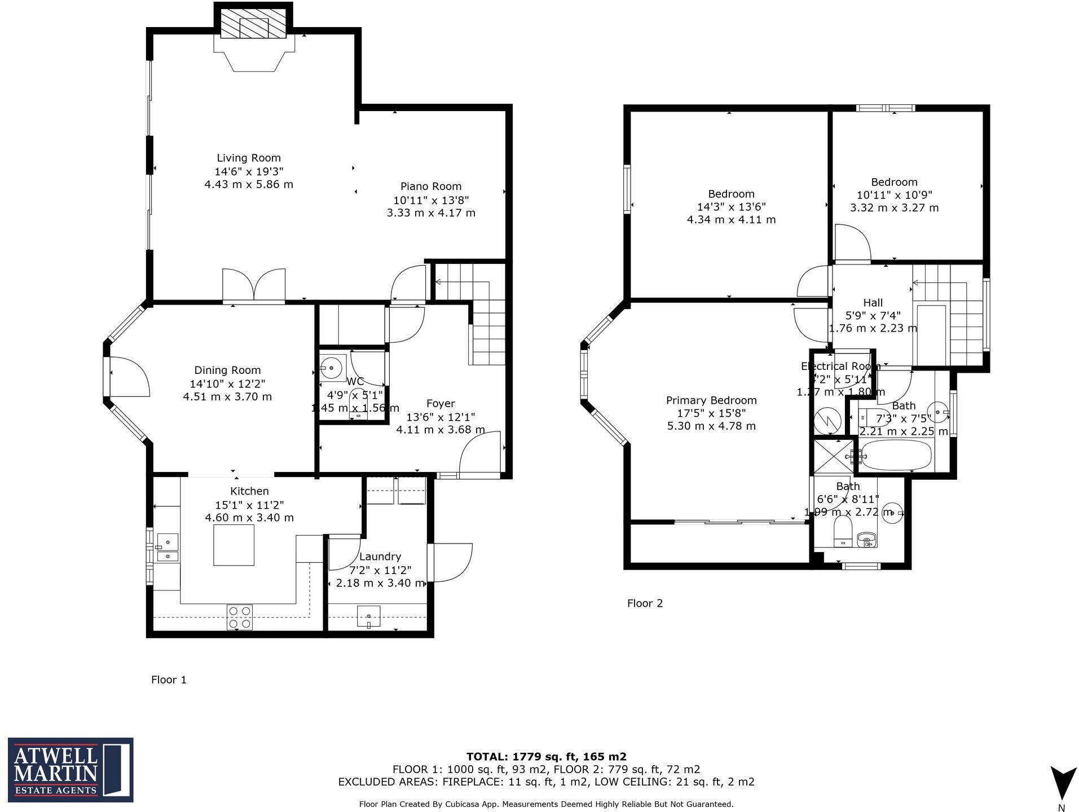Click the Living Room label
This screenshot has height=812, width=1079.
coord(249,158)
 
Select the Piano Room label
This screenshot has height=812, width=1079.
coord(431,187)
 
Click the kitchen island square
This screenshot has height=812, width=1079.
coord(234,545)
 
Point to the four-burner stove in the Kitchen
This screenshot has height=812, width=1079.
coord(240,617)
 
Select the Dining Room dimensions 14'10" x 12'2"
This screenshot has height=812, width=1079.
coord(227,383)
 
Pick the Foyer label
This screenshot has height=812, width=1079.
coord(441,404)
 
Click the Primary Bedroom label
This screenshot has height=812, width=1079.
coord(711,400)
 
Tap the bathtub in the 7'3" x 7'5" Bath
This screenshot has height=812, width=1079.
coord(897,455)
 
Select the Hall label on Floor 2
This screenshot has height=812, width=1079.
coord(873,303)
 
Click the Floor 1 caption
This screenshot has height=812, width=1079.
coord(169,680)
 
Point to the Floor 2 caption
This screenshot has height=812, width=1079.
coord(645,603)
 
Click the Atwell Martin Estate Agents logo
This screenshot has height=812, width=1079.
coord(71,770)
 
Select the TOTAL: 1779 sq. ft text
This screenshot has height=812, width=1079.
coord(546,757)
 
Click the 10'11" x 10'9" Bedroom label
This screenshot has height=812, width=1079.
coord(894,182)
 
